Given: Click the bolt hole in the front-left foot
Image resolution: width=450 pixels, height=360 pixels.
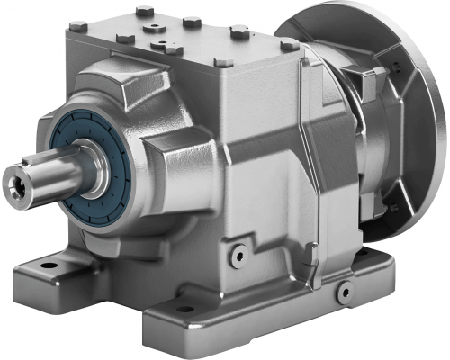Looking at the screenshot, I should pos(41,267).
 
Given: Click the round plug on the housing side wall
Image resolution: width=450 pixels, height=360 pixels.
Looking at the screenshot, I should pos(238,256).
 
